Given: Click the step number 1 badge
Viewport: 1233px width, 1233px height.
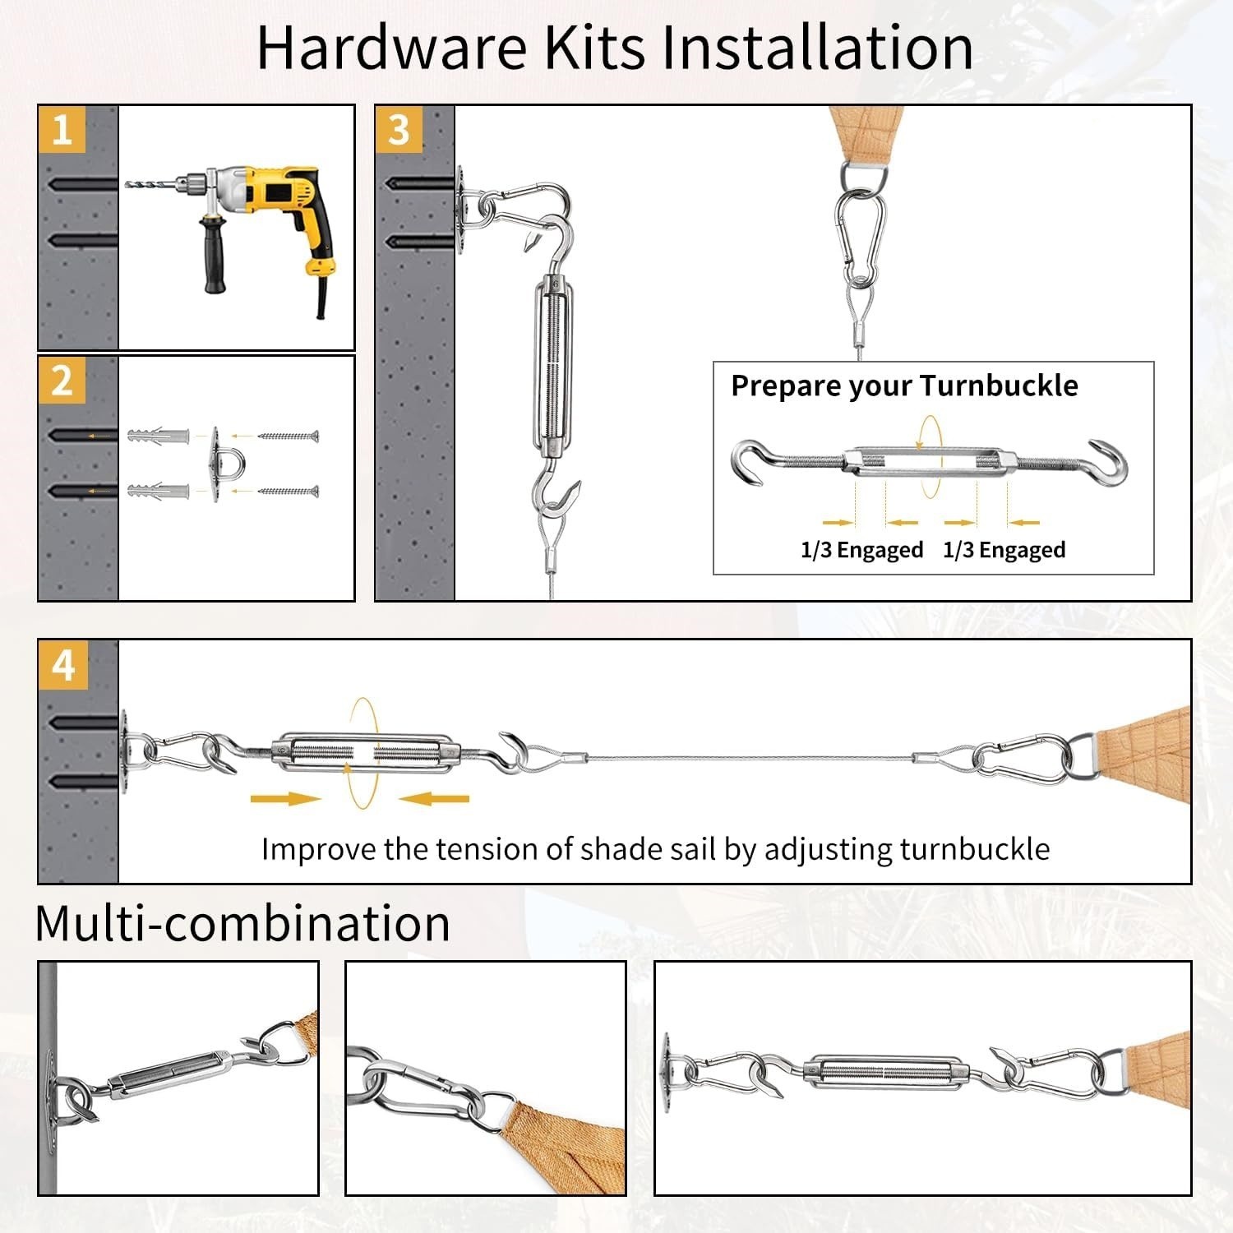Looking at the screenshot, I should [62, 130].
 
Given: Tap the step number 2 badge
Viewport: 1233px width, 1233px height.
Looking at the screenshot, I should [62, 381].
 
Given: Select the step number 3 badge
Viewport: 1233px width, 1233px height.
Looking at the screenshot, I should [399, 130].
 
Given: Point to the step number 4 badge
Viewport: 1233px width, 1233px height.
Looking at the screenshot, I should [63, 664].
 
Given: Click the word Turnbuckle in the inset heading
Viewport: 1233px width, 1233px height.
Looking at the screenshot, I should [998, 386].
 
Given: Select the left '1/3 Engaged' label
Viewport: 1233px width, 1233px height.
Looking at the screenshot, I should [861, 549].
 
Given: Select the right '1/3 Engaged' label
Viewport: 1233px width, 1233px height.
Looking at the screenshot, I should [1004, 549].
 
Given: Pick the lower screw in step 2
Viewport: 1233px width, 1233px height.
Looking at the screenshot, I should [288, 492].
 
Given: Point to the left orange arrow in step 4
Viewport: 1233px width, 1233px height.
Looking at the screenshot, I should [284, 798].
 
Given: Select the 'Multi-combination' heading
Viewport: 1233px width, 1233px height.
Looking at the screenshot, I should [242, 923].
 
